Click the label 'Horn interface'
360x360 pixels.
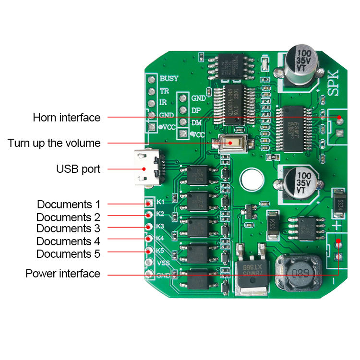pyautogui.click(x=67, y=118)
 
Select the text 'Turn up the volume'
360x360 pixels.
pyautogui.click(x=54, y=143)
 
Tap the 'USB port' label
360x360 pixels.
pyautogui.click(x=78, y=168)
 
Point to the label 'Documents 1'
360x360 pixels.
pyautogui.click(x=69, y=204)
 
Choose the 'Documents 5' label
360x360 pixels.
pyautogui.click(x=69, y=253)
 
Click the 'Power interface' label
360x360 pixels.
pyautogui.click(x=63, y=274)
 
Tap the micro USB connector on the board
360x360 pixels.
pyautogui.click(x=149, y=168)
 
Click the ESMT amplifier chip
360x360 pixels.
pyautogui.click(x=293, y=129)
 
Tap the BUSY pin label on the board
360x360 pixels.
pyautogui.click(x=169, y=78)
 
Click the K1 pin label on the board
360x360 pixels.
pyautogui.click(x=160, y=201)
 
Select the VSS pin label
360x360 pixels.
pyautogui.click(x=163, y=263)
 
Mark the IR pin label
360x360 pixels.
pyautogui.click(x=163, y=103)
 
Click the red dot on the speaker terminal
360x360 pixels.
pyautogui.click(x=340, y=118)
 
